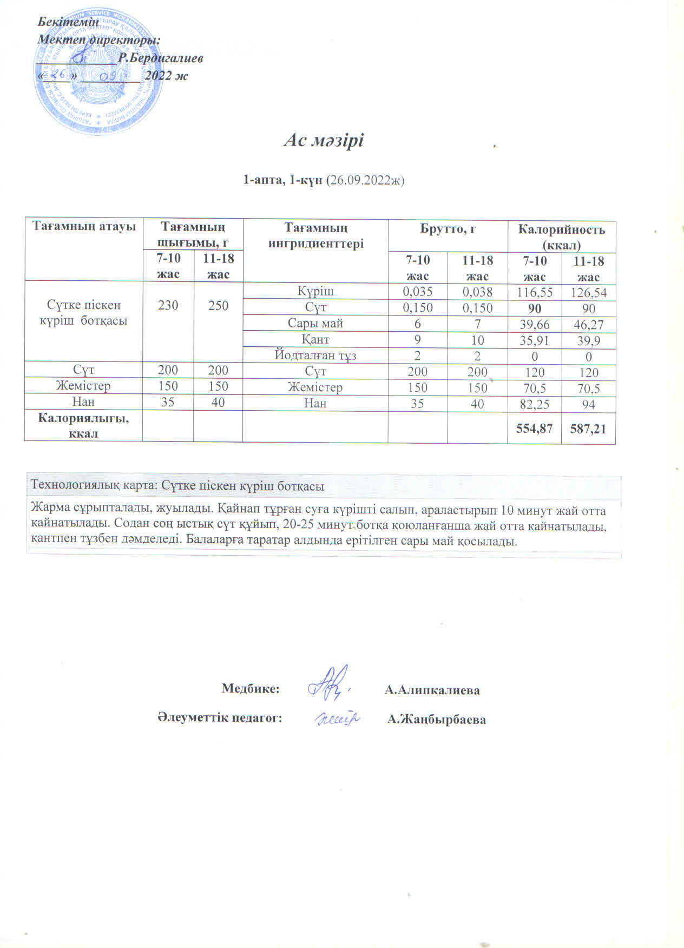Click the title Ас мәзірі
[324, 141]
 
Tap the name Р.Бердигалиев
[161, 58]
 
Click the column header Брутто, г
[448, 229]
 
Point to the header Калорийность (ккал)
[561, 236]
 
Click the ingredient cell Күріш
[315, 291]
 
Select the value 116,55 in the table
[534, 293]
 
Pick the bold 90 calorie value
[534, 308]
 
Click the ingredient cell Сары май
[315, 324]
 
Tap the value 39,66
[534, 325]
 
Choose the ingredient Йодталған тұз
[315, 356]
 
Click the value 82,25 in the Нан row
[534, 404]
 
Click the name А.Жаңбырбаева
[437, 720]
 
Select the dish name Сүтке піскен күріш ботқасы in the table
[84, 313]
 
